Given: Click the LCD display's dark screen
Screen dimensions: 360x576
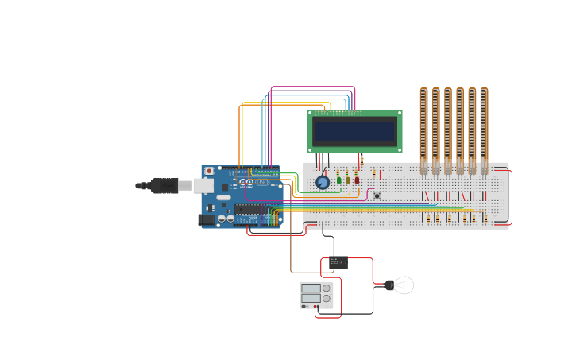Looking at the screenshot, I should tap(354, 131).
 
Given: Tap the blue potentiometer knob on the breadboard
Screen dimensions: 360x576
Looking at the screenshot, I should tap(323, 182).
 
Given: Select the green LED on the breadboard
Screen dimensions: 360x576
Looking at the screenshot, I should tap(339, 180).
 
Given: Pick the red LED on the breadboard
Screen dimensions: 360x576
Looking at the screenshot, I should tap(357, 180).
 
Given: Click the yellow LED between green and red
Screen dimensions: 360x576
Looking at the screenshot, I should tap(348, 180).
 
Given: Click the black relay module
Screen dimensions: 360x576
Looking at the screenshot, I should tap(338, 262).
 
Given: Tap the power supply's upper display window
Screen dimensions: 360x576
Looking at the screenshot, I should tap(311, 288).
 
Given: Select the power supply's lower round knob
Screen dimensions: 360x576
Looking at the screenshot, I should tap(327, 299).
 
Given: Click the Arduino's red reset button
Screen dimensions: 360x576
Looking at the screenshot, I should tap(209, 171).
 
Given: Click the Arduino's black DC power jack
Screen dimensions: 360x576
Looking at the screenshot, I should tap(206, 219).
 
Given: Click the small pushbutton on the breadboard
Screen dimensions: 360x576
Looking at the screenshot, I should tap(377, 195).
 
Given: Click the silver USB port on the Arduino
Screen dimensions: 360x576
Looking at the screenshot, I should tap(203, 186).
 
